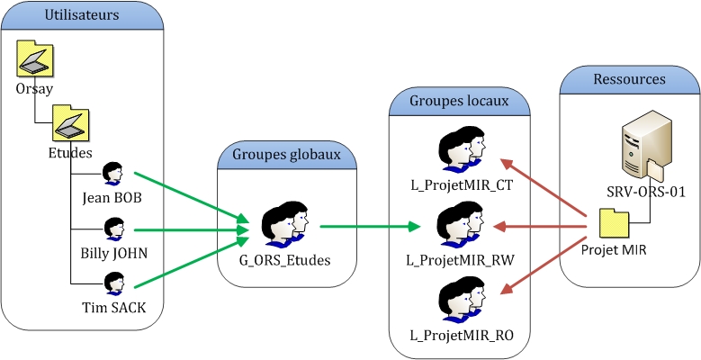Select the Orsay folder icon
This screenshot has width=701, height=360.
(34, 60)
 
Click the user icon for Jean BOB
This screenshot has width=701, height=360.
(112, 172)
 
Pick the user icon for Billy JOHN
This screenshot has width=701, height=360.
(113, 229)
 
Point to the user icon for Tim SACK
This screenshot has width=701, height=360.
(113, 283)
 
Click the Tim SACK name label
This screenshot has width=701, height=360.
(113, 309)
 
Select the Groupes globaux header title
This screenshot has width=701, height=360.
(286, 154)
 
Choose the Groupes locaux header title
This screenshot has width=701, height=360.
(459, 101)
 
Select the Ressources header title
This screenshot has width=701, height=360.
(629, 78)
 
